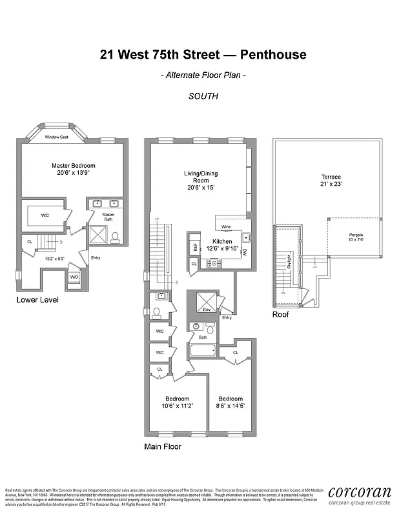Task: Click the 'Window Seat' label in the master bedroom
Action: coord(57,137)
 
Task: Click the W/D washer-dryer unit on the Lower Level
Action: coord(74,277)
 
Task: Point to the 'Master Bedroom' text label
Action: coord(70,166)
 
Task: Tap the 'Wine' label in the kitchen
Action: coord(226,228)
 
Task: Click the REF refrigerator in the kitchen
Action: coord(194,246)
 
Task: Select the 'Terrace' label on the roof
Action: coord(331,177)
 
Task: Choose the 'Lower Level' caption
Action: coord(37,301)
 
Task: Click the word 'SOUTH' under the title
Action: coord(203,96)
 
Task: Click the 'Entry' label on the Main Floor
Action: coord(226,317)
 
